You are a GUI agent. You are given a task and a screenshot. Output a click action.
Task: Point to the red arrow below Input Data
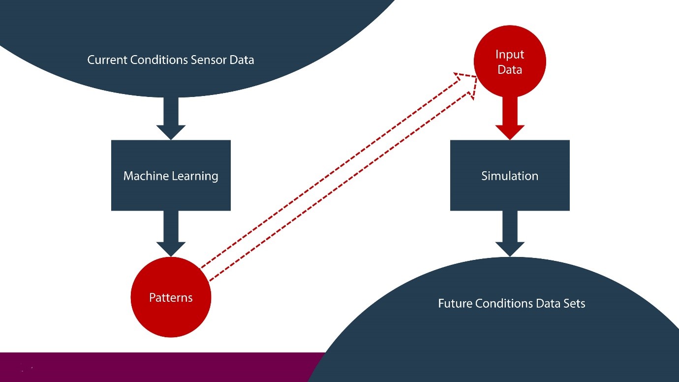pos(510,118)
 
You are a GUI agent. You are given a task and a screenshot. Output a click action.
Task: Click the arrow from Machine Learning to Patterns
pos(171,233)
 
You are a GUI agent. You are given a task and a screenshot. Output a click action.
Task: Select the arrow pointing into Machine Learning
pos(171,118)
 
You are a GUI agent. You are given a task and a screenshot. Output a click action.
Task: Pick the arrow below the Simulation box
pos(510,233)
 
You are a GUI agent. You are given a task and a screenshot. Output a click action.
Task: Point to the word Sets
pos(575,303)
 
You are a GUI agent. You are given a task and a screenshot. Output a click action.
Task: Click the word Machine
pos(146,176)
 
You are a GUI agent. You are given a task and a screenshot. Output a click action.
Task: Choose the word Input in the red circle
pos(510,54)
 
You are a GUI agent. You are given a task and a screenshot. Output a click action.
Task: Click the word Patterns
pos(171,297)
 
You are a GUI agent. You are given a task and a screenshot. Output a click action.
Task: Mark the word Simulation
pos(510,176)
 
